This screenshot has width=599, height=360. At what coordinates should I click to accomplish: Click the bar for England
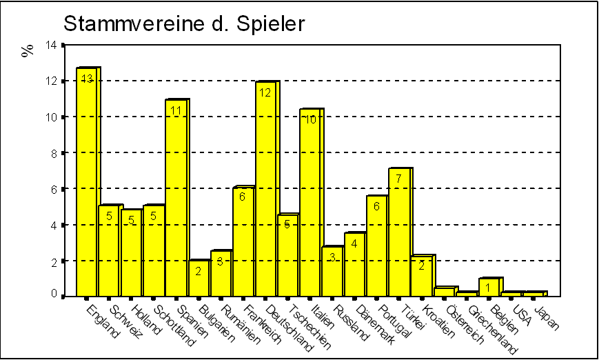point(86,183)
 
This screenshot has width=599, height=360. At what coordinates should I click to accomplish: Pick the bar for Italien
point(310,203)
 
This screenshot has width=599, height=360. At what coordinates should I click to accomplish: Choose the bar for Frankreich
point(243,241)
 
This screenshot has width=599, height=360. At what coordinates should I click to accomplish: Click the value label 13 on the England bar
point(87,79)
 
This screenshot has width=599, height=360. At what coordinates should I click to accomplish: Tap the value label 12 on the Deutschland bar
point(265,92)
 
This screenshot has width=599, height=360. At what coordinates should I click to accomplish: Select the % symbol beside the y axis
point(28,50)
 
